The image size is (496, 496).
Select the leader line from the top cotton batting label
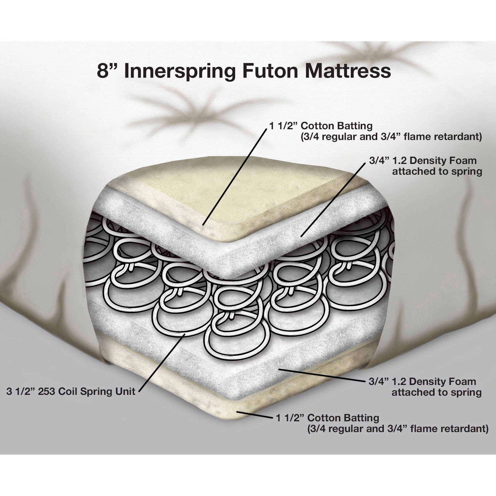click(x=234, y=176)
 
